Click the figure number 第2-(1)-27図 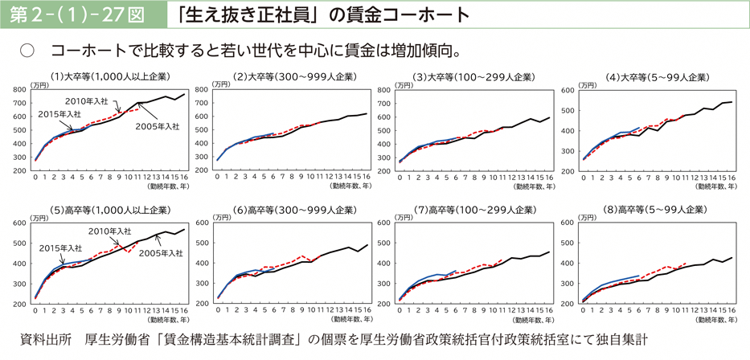(x=78, y=14)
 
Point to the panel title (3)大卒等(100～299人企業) (x=474, y=77)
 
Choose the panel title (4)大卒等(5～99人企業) (x=657, y=77)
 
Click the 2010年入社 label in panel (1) (x=86, y=101)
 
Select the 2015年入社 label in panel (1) (x=59, y=115)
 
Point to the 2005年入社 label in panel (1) (x=157, y=126)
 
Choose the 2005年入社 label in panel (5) (x=158, y=253)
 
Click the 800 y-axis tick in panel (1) (x=20, y=91)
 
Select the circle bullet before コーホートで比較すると (x=26, y=52)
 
